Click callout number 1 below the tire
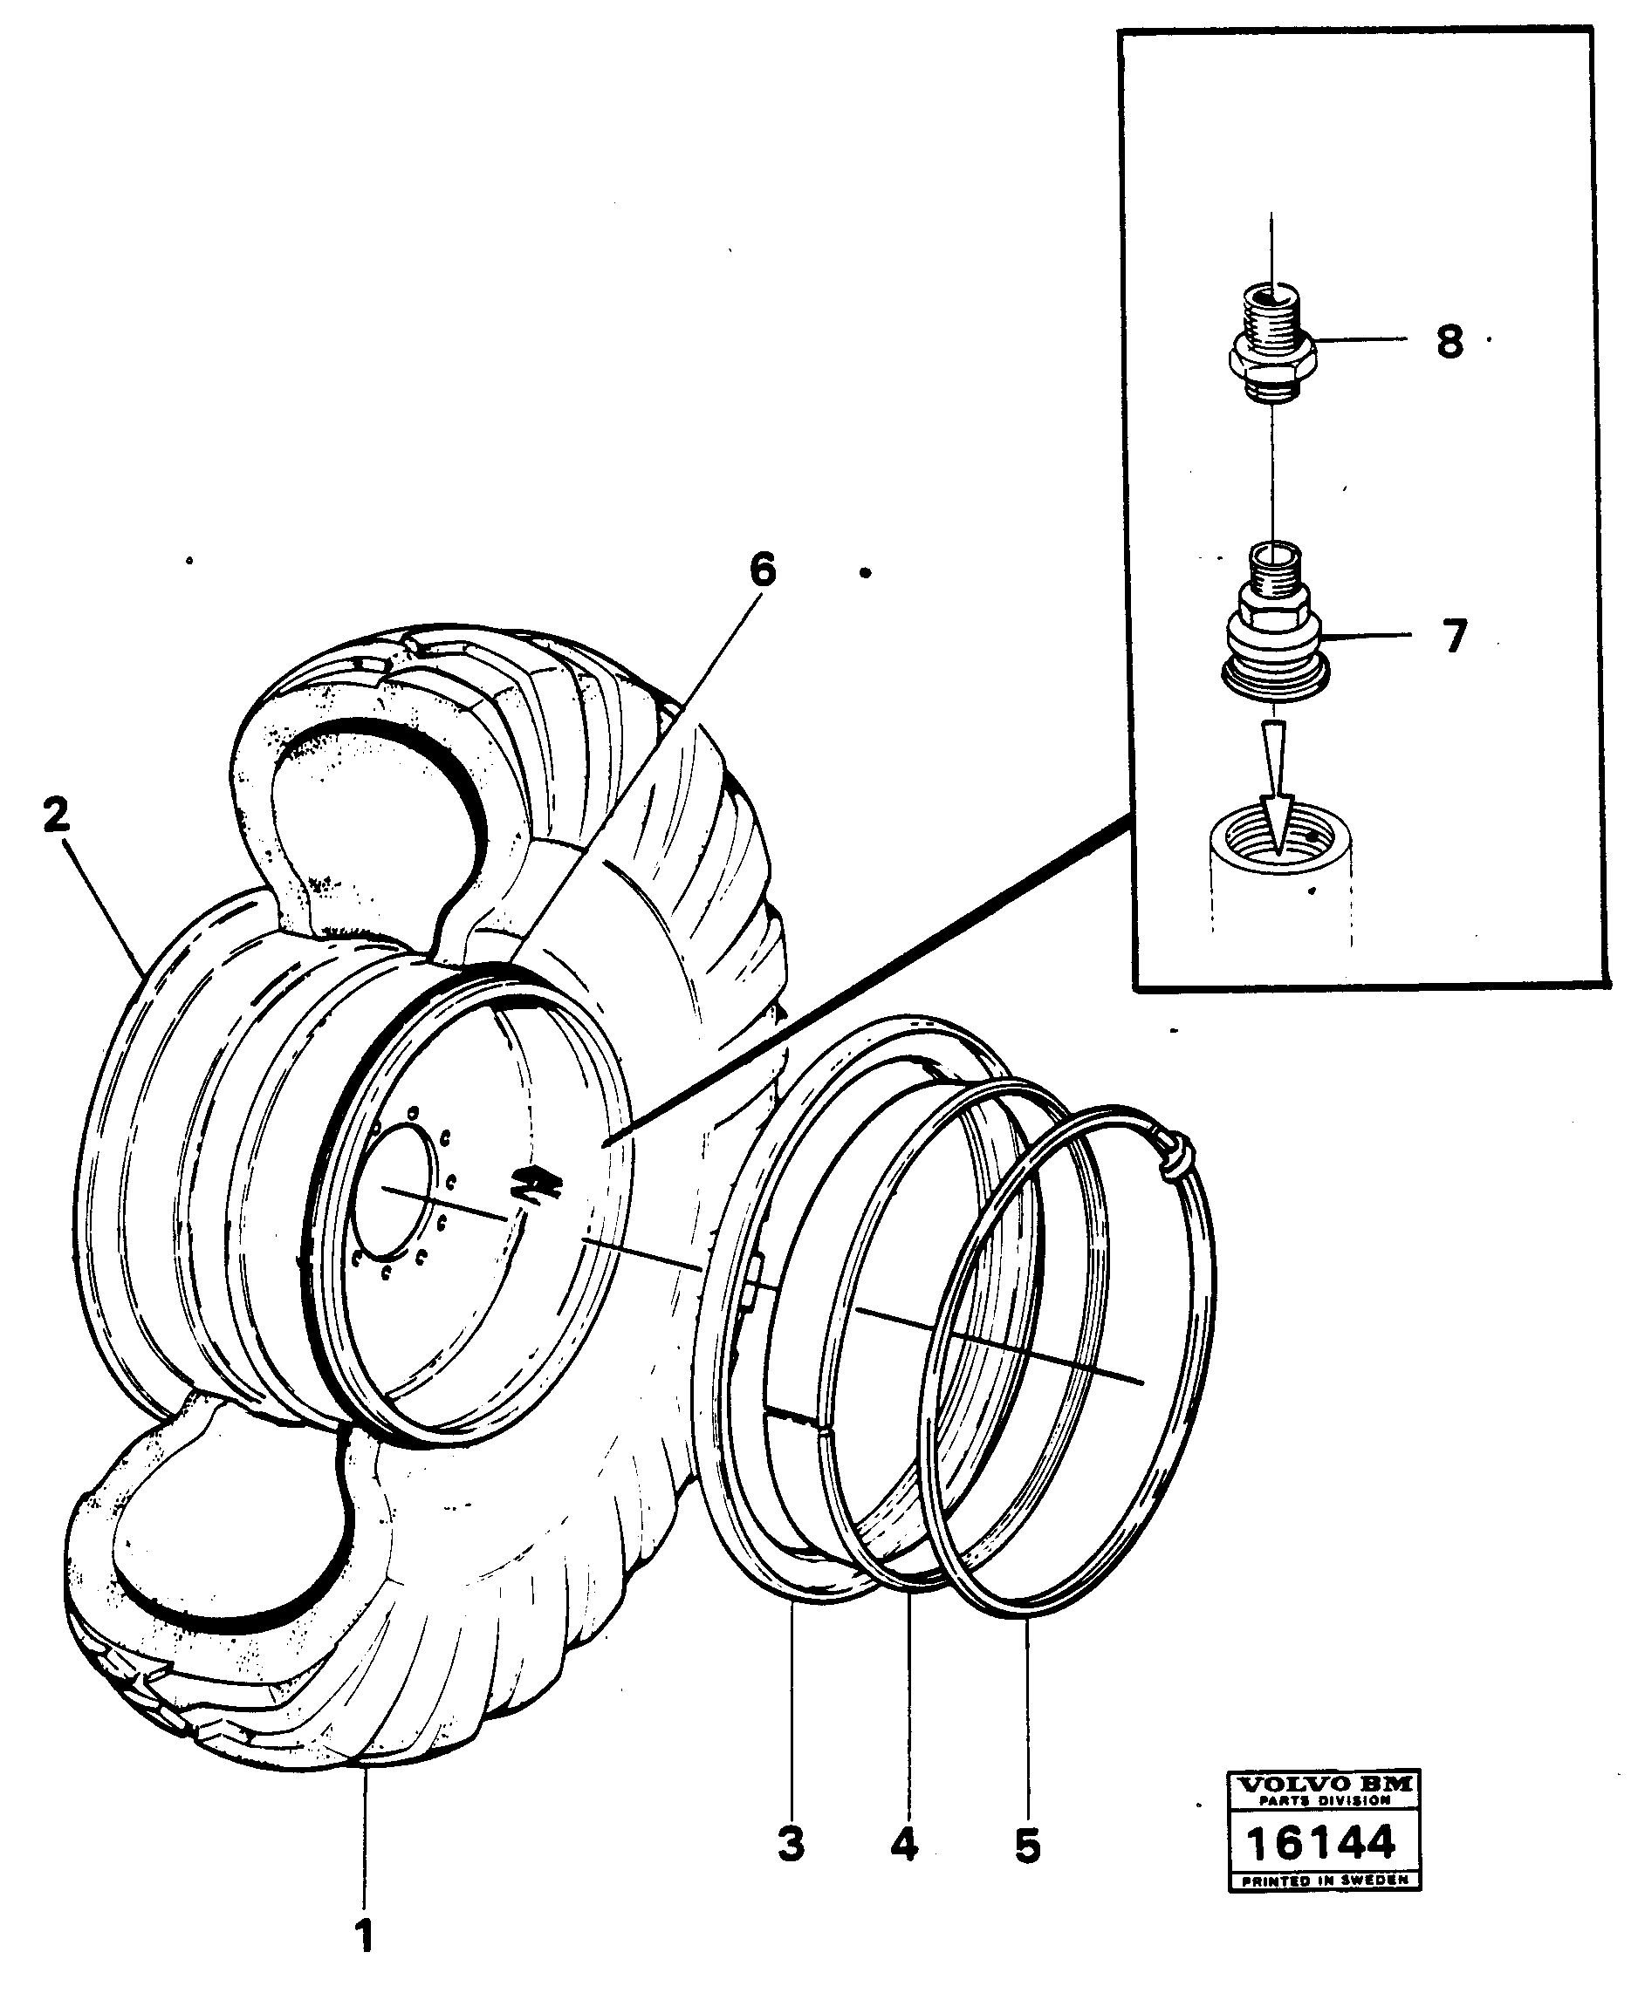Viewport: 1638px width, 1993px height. [x=364, y=1937]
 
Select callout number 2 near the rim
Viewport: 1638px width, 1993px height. [x=57, y=815]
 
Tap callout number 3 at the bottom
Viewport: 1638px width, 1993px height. [x=791, y=1843]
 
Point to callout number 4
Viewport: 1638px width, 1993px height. [x=904, y=1843]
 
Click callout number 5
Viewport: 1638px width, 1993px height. [x=1027, y=1845]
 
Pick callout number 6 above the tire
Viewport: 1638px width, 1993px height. [x=763, y=570]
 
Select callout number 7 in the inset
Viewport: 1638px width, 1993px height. [x=1455, y=637]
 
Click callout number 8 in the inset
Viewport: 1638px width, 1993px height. [x=1450, y=341]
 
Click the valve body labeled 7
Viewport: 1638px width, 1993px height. [x=1274, y=641]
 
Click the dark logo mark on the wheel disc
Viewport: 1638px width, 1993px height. [x=535, y=1184]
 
